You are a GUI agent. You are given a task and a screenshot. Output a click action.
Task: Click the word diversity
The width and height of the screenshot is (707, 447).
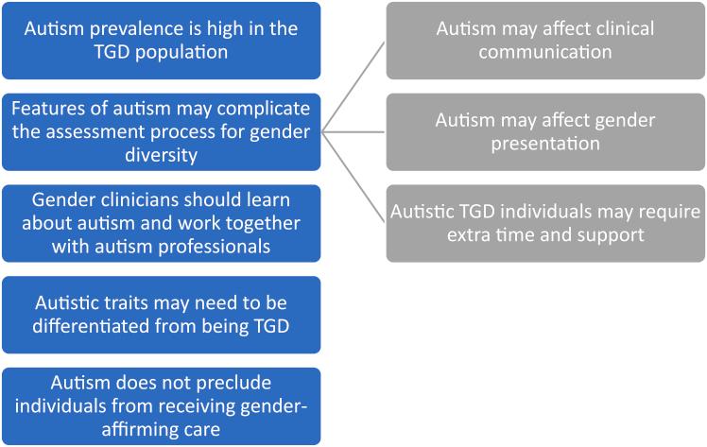[x=161, y=155]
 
